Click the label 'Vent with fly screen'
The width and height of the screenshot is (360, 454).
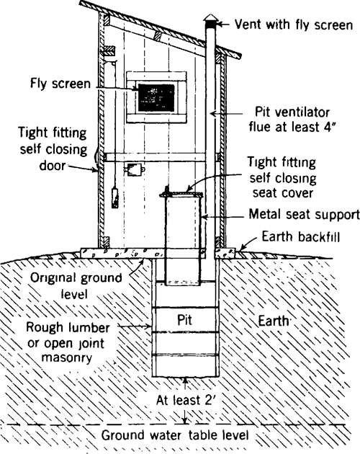(294, 25)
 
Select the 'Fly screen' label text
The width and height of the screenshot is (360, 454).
(60, 84)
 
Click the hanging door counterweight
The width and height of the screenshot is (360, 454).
(114, 195)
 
